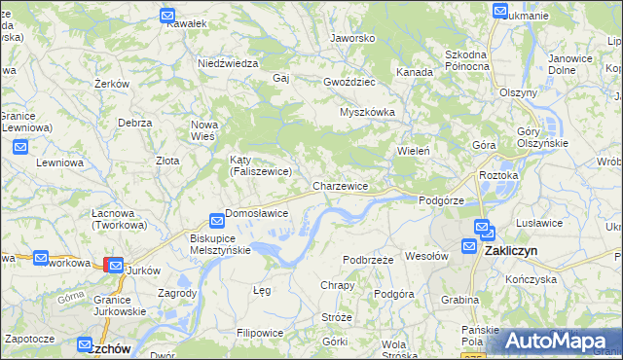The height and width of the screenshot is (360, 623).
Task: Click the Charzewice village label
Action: pyautogui.click(x=340, y=186)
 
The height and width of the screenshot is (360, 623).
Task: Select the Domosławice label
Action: pyautogui.click(x=256, y=213)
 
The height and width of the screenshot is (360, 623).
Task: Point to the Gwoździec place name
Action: pyautogui.click(x=350, y=83)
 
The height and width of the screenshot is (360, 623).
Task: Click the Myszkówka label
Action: pyautogui.click(x=367, y=112)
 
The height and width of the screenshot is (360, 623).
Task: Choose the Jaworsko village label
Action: pyautogui.click(x=352, y=39)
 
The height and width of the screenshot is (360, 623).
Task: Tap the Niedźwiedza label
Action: pyautogui.click(x=227, y=63)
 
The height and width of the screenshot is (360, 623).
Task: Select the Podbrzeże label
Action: pyautogui.click(x=368, y=260)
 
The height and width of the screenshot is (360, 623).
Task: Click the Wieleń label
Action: pyautogui.click(x=413, y=151)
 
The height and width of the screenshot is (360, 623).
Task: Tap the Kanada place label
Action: pyautogui.click(x=414, y=72)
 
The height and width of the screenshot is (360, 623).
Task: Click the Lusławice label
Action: pyautogui.click(x=546, y=223)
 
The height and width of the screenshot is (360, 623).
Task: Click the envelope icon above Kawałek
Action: pyautogui.click(x=167, y=17)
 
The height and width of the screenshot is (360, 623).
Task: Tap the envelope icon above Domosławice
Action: pyautogui.click(x=217, y=222)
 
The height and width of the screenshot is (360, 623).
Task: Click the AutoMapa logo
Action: pyautogui.click(x=556, y=341)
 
